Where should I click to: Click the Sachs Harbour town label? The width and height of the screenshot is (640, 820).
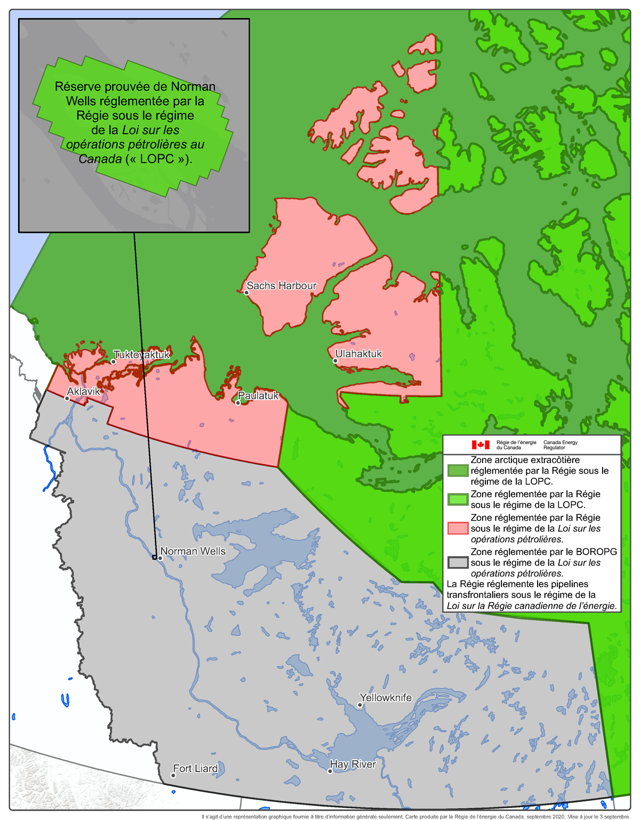[282, 286]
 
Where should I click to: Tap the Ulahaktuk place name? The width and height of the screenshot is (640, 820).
[358, 353]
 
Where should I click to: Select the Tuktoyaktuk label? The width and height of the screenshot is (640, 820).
[142, 354]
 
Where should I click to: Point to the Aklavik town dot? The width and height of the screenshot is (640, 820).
[67, 398]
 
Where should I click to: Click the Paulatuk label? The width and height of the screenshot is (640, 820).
[259, 396]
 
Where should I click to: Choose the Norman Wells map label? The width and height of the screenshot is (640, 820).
[193, 551]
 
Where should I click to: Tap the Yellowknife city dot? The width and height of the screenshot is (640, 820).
[360, 705]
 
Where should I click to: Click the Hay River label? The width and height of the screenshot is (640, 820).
[353, 764]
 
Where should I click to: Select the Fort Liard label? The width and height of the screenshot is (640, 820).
[195, 768]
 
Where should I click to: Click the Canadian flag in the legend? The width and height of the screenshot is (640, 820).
[481, 445]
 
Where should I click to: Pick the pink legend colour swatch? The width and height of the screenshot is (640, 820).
[458, 528]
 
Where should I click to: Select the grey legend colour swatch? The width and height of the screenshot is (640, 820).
[458, 562]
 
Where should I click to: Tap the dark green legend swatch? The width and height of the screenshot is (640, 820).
[458, 470]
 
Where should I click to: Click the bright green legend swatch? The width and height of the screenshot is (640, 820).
[458, 499]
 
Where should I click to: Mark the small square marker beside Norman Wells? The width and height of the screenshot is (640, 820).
[155, 557]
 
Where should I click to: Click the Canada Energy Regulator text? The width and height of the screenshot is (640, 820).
[560, 445]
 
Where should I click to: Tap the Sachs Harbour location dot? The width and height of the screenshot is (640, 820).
[246, 293]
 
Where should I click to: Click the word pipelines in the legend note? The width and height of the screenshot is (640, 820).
[566, 584]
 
